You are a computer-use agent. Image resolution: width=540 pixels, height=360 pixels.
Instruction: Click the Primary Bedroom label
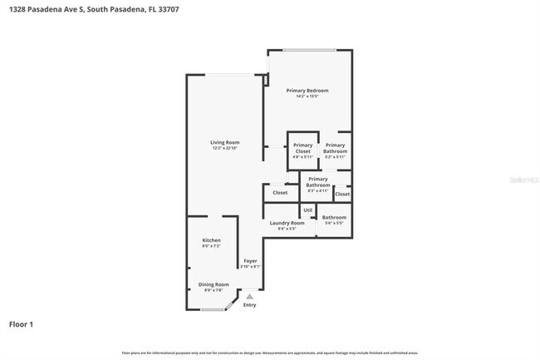coord(307,90)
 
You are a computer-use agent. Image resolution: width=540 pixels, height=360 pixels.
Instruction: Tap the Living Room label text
coord(224,142)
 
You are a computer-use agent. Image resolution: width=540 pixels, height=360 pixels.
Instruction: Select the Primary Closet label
coord(302,148)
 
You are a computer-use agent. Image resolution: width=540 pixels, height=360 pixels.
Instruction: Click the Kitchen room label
coord(211,240)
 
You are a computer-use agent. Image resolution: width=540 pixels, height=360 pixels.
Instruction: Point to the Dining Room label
coord(213,285)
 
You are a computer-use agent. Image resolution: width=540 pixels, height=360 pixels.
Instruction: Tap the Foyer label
coord(250,261)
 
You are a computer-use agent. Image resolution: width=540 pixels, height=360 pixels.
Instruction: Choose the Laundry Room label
coord(287,222)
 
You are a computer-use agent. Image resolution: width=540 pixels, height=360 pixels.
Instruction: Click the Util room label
coord(307,210)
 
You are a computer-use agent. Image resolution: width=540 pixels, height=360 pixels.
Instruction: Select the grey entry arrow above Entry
coord(249,296)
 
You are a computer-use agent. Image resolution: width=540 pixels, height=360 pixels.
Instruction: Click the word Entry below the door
coord(249,305)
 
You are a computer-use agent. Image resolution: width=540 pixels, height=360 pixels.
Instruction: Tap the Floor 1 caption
coord(22,324)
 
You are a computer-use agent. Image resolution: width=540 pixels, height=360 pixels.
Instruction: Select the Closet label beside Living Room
coord(280,192)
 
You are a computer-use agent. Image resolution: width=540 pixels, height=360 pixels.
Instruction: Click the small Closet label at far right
coord(342,194)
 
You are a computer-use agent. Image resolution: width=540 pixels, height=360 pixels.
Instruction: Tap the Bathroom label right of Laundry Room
coord(334,218)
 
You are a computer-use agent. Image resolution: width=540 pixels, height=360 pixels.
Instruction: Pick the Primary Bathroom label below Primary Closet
coord(318,181)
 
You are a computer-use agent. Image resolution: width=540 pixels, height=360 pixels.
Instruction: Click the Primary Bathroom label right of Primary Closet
coord(336,148)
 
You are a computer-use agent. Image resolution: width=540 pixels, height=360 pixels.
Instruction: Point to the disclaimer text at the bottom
coord(270,353)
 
